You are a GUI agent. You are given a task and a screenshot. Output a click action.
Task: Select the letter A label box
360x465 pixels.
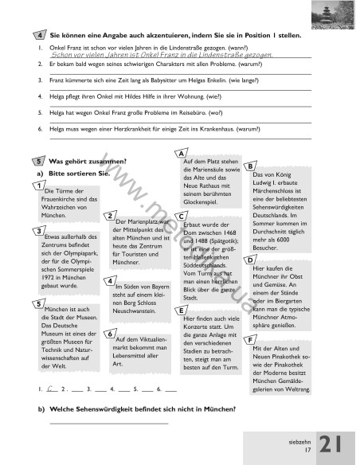[x=182, y=153]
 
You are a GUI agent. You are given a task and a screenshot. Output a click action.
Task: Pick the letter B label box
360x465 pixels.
[x=251, y=166]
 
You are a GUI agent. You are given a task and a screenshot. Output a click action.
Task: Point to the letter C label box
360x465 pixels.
[x=182, y=216]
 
